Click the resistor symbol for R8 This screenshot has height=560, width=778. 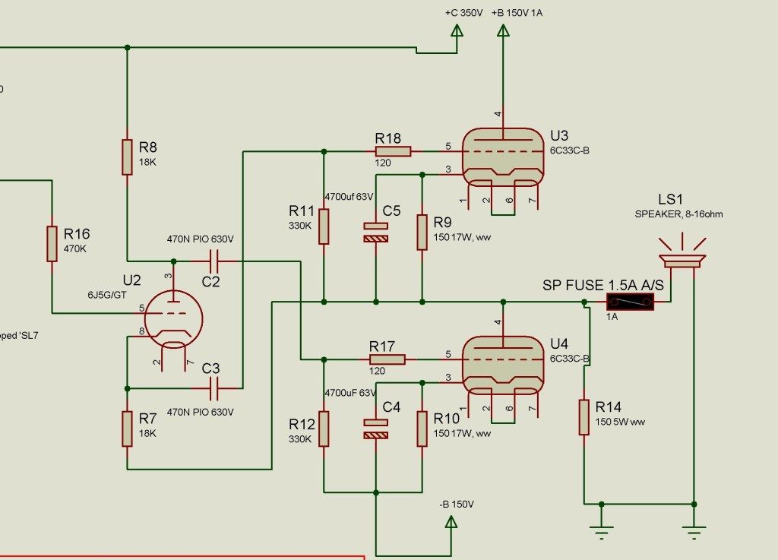[x=127, y=157]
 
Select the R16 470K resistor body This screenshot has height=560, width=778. [x=52, y=243]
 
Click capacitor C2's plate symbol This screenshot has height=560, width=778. [x=213, y=261]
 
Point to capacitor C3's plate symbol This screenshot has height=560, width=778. [x=213, y=390]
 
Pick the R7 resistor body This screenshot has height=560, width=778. [x=127, y=428]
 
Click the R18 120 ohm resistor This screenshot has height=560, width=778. [x=393, y=151]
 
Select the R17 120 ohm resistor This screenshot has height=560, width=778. [x=387, y=359]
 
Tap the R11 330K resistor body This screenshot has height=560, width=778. [x=324, y=226]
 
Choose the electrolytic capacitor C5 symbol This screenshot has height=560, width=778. [x=375, y=233]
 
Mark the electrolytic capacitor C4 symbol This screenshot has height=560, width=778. [x=375, y=429]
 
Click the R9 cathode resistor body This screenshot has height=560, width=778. [x=422, y=233]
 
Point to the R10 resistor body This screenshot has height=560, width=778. [x=422, y=429]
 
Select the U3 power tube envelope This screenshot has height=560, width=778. [x=501, y=156]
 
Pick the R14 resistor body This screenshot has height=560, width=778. [x=583, y=417]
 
